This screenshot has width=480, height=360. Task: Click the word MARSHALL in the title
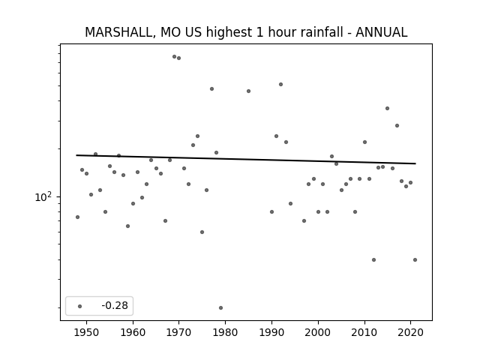(118, 32)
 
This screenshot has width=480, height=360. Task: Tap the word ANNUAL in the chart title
(382, 32)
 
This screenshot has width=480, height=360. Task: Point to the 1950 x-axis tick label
(87, 332)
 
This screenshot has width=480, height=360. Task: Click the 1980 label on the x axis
(225, 332)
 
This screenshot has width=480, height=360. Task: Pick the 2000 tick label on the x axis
(318, 332)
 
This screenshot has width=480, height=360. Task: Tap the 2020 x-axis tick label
(410, 332)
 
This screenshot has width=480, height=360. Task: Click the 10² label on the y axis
(43, 196)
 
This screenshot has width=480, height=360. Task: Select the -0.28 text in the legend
(115, 305)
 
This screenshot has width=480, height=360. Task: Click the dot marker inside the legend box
(80, 306)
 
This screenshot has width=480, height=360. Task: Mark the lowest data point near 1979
(220, 307)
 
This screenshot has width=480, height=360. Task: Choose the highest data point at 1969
(174, 57)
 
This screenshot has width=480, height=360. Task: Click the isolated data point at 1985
(248, 91)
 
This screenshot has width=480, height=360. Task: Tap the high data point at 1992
(280, 84)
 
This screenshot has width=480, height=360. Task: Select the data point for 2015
(387, 108)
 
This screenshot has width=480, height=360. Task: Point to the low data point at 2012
(373, 259)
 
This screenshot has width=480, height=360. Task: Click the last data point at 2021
(415, 259)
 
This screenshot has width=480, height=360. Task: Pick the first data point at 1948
(77, 217)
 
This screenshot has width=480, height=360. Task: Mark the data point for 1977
(211, 88)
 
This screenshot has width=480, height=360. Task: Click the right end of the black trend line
(415, 163)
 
